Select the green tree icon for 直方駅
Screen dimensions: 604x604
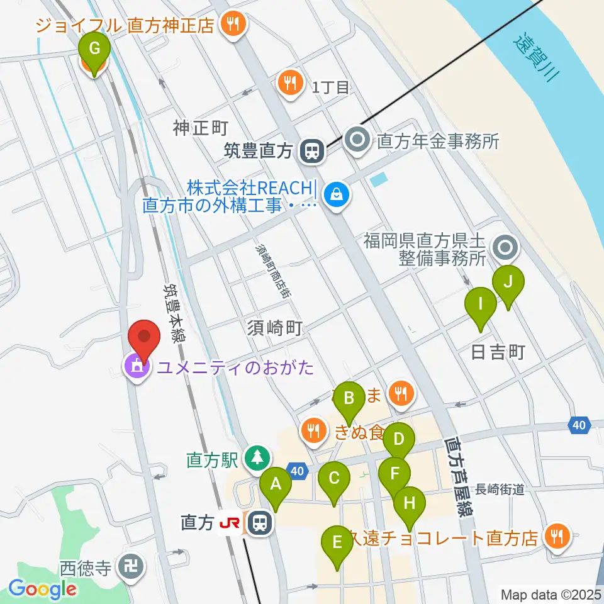[x=257, y=457]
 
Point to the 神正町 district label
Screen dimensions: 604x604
[x=200, y=129]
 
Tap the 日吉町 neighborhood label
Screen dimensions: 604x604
[x=498, y=352]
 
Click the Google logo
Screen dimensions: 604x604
[x=43, y=590]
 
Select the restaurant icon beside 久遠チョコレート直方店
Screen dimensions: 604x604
[x=557, y=536]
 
